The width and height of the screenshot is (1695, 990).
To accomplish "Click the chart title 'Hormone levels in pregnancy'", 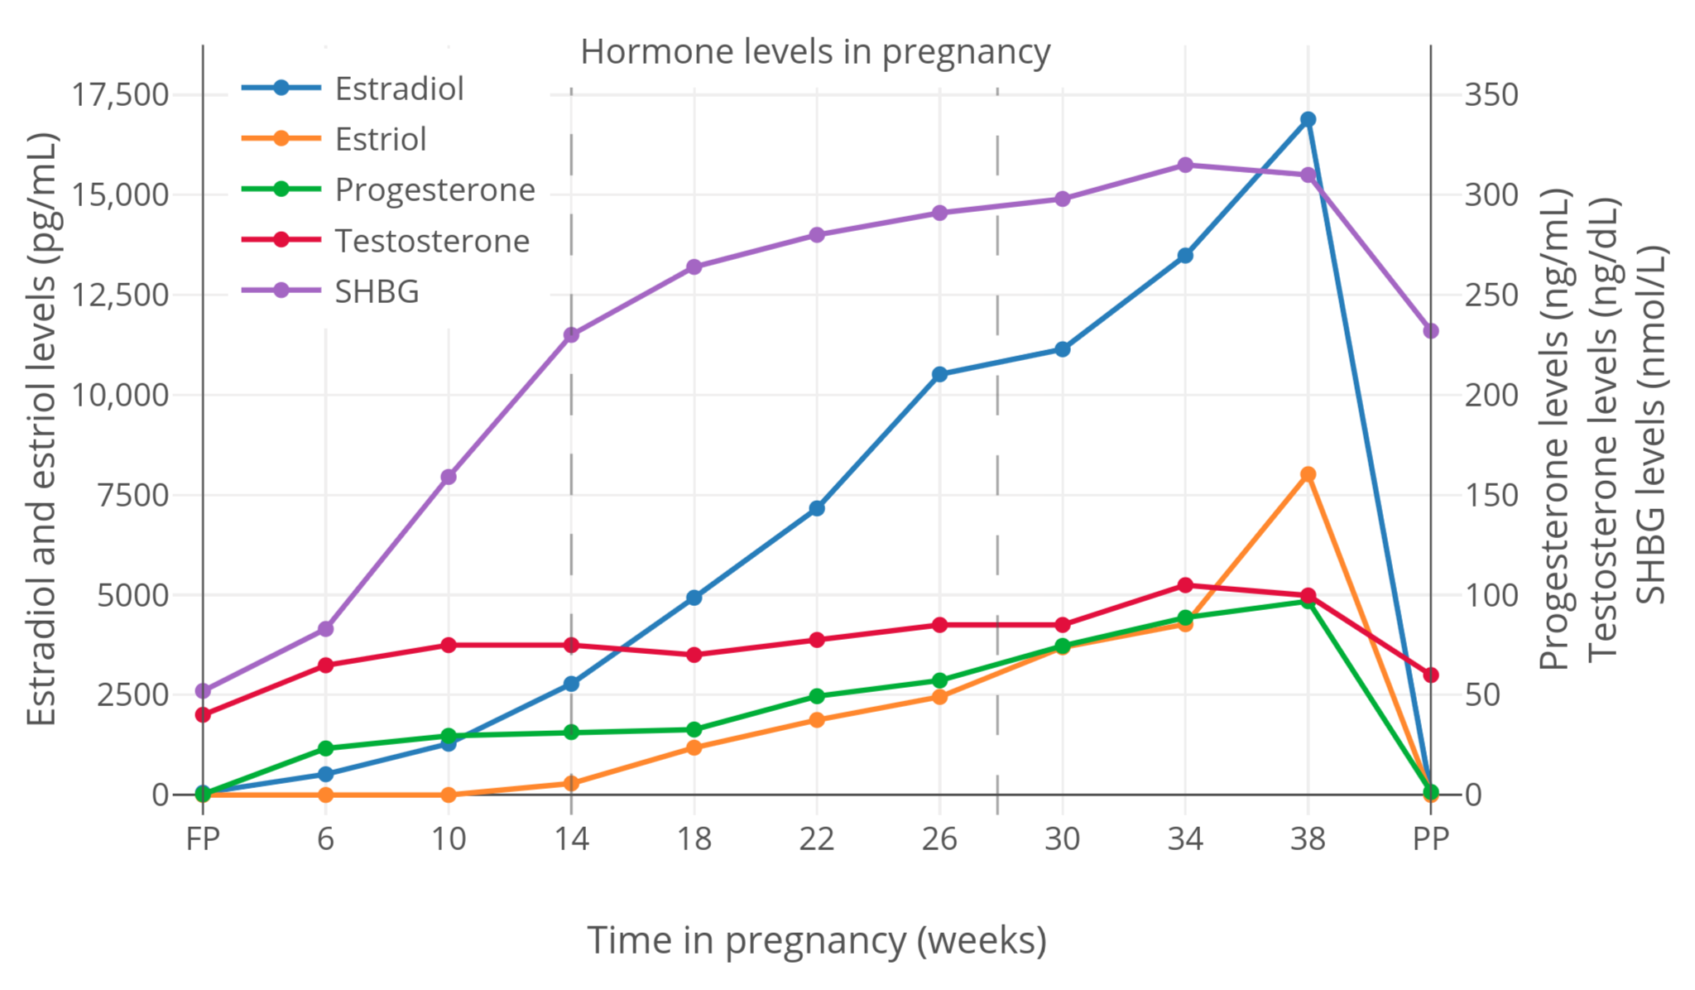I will (815, 51).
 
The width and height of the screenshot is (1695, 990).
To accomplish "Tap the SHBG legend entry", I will (377, 291).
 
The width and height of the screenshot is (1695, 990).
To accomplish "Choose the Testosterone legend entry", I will (431, 241).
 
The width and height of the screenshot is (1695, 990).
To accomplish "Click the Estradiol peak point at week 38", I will (1308, 119).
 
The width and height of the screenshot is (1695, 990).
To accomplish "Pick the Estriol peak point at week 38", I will (1308, 474).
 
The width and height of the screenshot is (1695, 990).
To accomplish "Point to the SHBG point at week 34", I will (1185, 165).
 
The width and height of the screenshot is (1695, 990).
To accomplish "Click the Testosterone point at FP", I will (203, 714).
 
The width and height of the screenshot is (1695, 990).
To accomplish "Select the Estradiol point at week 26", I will (939, 374).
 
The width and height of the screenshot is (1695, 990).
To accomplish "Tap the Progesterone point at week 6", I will (325, 748).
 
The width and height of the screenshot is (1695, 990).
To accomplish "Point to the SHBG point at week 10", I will (449, 477).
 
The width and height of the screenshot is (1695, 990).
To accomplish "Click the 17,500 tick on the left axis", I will (120, 95).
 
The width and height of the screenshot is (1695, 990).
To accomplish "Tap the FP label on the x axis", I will (203, 839).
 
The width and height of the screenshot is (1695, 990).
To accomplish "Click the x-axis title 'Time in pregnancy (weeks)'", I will (817, 940).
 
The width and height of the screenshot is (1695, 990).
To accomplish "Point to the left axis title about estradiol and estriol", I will (41, 429).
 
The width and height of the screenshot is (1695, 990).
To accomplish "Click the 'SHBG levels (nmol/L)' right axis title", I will (1652, 424).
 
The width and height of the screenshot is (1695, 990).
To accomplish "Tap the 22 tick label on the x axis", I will (817, 839).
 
